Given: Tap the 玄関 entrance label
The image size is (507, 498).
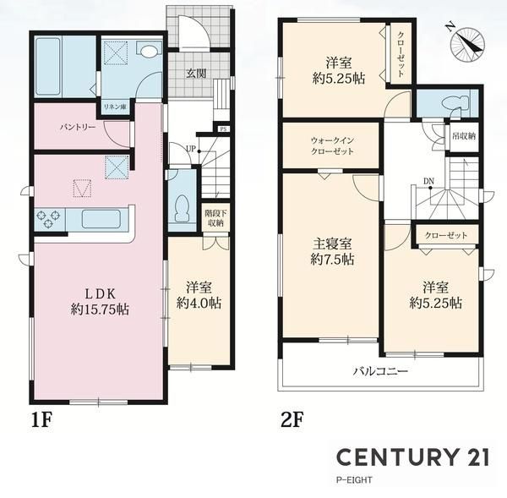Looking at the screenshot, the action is [196, 74].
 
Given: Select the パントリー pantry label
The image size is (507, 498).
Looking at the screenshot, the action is [78, 127].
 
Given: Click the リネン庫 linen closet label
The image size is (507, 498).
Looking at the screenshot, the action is [115, 107].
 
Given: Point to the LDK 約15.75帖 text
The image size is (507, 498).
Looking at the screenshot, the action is [101, 302].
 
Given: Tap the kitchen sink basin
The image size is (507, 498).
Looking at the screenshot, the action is [101, 219].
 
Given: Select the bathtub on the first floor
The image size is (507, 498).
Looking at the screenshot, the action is [47, 67].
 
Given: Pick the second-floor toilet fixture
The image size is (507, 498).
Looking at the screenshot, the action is [457, 103].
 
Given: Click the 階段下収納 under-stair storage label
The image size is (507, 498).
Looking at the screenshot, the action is [215, 218].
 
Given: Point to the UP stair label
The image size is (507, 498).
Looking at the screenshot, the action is [191, 149].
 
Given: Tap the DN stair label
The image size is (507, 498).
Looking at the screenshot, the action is [428, 182].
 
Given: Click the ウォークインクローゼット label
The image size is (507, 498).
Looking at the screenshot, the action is [332, 145].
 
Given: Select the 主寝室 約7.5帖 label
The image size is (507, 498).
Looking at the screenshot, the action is [332, 251].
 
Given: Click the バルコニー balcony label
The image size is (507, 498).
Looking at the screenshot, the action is [380, 371].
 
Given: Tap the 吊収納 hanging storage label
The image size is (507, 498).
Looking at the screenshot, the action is [464, 136].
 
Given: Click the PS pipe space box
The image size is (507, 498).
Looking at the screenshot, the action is [223, 129].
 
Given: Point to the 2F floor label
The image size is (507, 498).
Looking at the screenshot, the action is [292, 420].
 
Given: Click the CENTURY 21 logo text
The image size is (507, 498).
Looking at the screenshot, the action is [412, 457].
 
